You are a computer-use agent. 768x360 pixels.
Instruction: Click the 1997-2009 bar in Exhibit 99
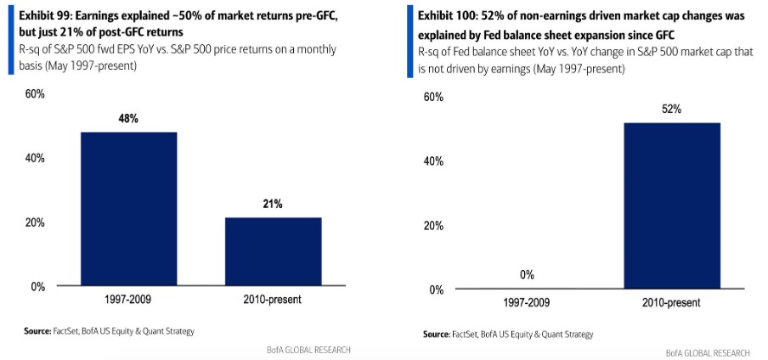(129, 209)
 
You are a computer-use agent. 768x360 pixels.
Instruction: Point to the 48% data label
(129, 119)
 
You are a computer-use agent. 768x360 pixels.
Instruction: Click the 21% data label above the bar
(273, 204)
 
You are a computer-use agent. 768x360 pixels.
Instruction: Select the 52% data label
(672, 110)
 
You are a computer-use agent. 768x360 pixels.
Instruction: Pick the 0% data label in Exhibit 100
(527, 275)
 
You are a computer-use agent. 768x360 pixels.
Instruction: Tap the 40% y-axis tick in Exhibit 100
(433, 161)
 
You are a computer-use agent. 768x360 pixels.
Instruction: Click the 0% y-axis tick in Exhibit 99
(38, 287)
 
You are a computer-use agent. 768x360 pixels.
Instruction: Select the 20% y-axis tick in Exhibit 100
(433, 226)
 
